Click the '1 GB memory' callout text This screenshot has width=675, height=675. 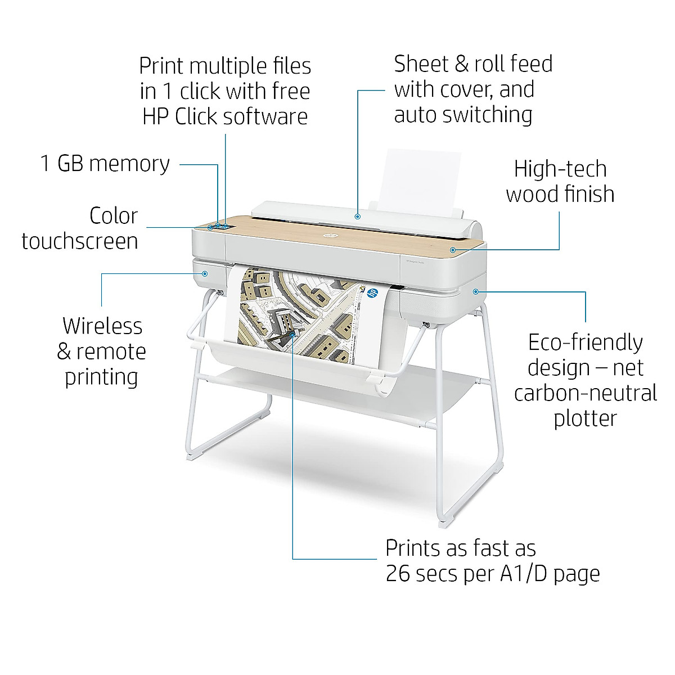[105, 164]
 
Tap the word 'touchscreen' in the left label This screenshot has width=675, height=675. [80, 241]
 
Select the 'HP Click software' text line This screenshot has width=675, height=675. [225, 116]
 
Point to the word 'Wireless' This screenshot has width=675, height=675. [102, 326]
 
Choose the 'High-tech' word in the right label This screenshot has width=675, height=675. [560, 169]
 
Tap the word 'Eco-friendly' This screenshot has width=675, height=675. [585, 343]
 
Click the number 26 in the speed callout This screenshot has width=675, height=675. [399, 573]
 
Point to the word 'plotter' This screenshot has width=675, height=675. [585, 418]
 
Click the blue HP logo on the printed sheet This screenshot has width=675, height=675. [372, 292]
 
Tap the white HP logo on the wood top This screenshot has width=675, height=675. [328, 235]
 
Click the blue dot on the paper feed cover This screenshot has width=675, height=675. [358, 215]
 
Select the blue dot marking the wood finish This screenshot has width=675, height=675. [452, 249]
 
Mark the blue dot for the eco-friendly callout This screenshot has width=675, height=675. [475, 291]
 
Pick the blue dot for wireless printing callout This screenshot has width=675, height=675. [205, 274]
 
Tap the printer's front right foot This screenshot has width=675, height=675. [444, 523]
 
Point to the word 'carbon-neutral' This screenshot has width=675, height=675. [585, 393]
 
